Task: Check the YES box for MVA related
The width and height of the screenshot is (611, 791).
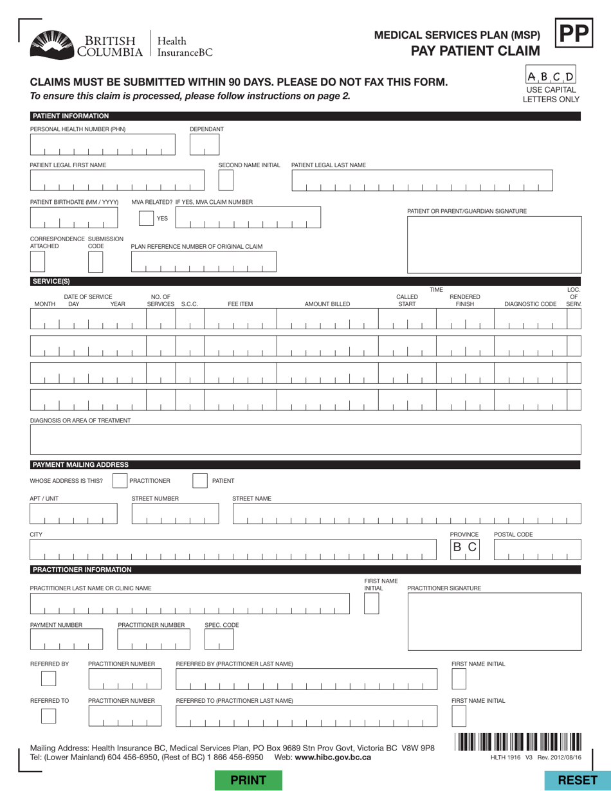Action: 149,218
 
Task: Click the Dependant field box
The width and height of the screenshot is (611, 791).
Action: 205,145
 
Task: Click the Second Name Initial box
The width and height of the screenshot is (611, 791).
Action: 226,181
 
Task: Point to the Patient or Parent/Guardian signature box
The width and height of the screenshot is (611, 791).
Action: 494,244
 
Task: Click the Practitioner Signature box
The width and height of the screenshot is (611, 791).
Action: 494,621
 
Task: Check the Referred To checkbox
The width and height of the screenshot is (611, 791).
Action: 49,716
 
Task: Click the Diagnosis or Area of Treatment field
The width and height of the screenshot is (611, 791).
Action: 305,441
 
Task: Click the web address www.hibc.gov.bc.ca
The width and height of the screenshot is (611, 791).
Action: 333,757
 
